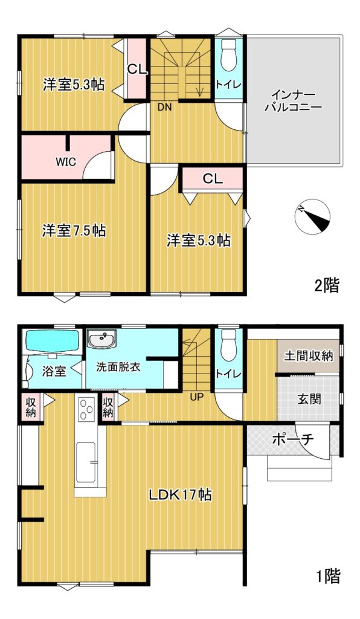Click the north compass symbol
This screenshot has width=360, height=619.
pyautogui.click(x=313, y=216)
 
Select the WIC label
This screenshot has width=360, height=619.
pyautogui.click(x=66, y=162)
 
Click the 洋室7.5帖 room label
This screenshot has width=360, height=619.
pyautogui.click(x=74, y=230)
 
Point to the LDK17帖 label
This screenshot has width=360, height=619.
pyautogui.click(x=180, y=494)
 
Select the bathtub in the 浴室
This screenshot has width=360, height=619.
pyautogui.click(x=53, y=340)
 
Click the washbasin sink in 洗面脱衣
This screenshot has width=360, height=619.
pyautogui.click(x=101, y=339)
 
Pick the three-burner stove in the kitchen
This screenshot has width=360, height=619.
pyautogui.click(x=86, y=409)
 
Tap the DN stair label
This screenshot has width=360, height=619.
pyautogui.click(x=165, y=106)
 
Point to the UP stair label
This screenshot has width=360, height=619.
pyautogui.click(x=196, y=397)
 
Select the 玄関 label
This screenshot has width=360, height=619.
pyautogui.click(x=309, y=399)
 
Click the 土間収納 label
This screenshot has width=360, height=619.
pyautogui.click(x=309, y=355)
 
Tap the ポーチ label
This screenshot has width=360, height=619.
pyautogui.click(x=292, y=439)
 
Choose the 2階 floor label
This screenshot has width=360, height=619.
pyautogui.click(x=327, y=285)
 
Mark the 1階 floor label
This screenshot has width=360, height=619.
pyautogui.click(x=328, y=576)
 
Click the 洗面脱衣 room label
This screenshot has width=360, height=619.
pyautogui.click(x=118, y=367)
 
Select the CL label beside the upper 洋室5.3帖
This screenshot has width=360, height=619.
pyautogui.click(x=137, y=70)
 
